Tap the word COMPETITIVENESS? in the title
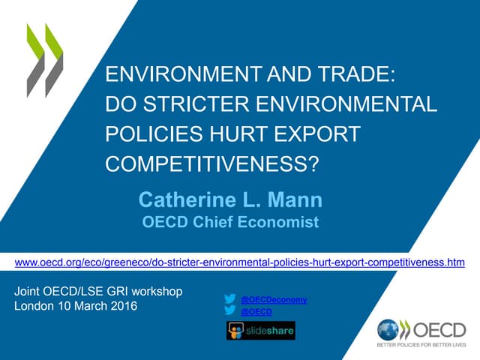point(212,164)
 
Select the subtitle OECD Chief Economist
point(230,222)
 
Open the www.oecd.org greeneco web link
point(240,262)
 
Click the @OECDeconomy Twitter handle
point(274,299)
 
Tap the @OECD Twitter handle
point(256,311)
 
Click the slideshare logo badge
point(260,331)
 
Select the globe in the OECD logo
point(388,329)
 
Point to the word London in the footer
point(34,306)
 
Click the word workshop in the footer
point(154,290)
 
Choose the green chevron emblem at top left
point(44,60)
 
